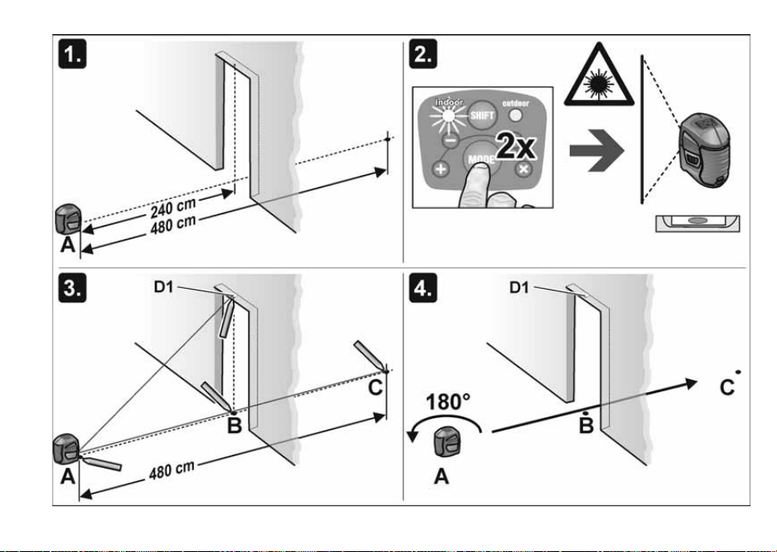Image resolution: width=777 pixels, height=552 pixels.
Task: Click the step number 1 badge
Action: (x=72, y=55)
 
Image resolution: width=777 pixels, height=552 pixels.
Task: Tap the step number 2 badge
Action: (x=423, y=55)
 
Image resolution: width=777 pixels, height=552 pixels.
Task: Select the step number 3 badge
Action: (x=72, y=288)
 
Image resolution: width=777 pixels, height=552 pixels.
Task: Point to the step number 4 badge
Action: (x=423, y=288)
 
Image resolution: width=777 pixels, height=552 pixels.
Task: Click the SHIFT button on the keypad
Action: (x=481, y=116)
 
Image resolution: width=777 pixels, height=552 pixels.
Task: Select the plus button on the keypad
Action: (x=441, y=169)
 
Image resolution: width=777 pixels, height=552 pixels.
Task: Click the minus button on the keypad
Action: (x=450, y=141)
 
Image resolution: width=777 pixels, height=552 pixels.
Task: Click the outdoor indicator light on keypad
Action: (x=515, y=116)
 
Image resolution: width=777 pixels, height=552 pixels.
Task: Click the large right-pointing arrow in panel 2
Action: (x=596, y=152)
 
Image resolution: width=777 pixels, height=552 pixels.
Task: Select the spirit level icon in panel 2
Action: (x=698, y=223)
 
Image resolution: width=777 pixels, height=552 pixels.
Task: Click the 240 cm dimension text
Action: (x=173, y=206)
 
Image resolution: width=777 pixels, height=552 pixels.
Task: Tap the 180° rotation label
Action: (x=448, y=402)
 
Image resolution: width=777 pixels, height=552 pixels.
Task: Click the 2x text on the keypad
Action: (x=515, y=147)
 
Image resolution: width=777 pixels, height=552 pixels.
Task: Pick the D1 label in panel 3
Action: (x=164, y=286)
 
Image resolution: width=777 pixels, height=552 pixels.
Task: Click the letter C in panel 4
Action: (x=726, y=387)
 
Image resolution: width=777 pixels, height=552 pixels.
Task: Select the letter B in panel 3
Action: (x=235, y=425)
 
